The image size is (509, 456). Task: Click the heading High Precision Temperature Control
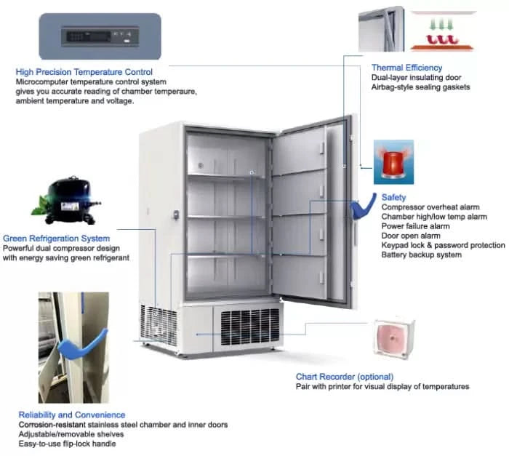84,72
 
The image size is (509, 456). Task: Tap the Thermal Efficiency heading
406,68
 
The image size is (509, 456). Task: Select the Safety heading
393,197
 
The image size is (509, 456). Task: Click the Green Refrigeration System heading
57,239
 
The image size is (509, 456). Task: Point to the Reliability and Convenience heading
71,415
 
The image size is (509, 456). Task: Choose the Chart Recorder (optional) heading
345,377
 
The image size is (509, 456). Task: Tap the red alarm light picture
393,161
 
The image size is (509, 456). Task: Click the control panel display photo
100,36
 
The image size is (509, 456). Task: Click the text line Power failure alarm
415,226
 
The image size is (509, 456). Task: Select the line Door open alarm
411,236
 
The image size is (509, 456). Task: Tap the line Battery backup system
421,255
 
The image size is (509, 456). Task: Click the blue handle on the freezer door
356,210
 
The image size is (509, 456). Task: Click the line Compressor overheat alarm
430,207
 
